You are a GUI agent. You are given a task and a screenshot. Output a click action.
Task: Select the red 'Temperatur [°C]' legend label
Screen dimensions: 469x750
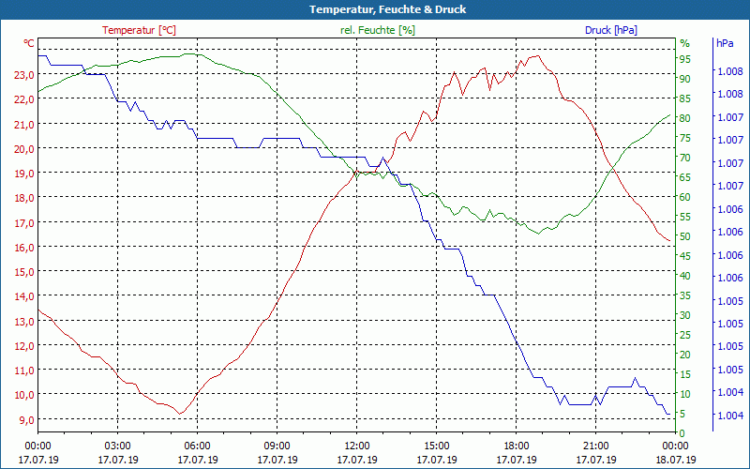[139, 30]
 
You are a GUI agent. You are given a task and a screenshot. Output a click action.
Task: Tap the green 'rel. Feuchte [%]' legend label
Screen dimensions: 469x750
[377, 30]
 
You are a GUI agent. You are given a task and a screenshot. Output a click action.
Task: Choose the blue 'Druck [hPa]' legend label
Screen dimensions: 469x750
[610, 30]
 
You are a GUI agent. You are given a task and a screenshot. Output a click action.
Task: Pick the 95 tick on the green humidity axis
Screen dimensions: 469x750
[685, 59]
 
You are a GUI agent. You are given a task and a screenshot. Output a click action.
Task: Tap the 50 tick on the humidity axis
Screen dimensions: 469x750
[685, 236]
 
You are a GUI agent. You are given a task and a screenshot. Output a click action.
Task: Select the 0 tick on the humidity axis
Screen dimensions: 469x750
[682, 432]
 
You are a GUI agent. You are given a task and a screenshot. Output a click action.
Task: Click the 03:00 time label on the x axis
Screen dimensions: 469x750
[117, 446]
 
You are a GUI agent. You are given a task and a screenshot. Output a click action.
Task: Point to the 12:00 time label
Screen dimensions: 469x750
[356, 446]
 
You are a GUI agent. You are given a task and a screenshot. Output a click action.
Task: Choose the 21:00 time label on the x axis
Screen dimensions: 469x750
[595, 446]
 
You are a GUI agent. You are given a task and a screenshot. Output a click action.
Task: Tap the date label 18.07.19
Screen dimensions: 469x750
[675, 460]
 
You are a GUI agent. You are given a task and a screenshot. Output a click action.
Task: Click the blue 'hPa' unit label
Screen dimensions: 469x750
[725, 43]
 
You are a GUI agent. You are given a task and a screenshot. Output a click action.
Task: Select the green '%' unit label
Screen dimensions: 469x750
[684, 43]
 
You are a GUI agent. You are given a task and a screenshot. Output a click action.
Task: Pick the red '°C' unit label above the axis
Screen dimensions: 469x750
[29, 43]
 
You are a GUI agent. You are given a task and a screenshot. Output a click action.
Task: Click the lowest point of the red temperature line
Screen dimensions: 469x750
[181, 414]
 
